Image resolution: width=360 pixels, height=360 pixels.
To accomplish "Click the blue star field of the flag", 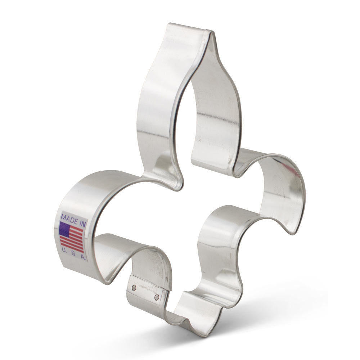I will pos(65,229).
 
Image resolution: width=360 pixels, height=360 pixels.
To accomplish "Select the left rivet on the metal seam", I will pos(134,288).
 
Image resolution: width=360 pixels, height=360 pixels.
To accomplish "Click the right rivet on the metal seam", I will pos(157,297).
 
